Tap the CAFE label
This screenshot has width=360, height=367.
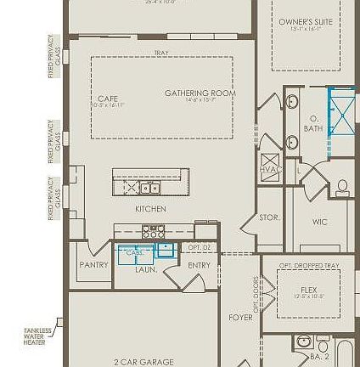click(108, 99)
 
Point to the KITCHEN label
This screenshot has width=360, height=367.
click(149, 206)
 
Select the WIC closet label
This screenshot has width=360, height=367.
click(319, 221)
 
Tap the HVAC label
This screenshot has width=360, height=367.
click(269, 168)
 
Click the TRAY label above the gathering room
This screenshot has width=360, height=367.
click(161, 53)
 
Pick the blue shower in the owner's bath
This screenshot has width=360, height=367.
click(342, 113)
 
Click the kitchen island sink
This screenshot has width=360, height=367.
click(149, 187)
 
